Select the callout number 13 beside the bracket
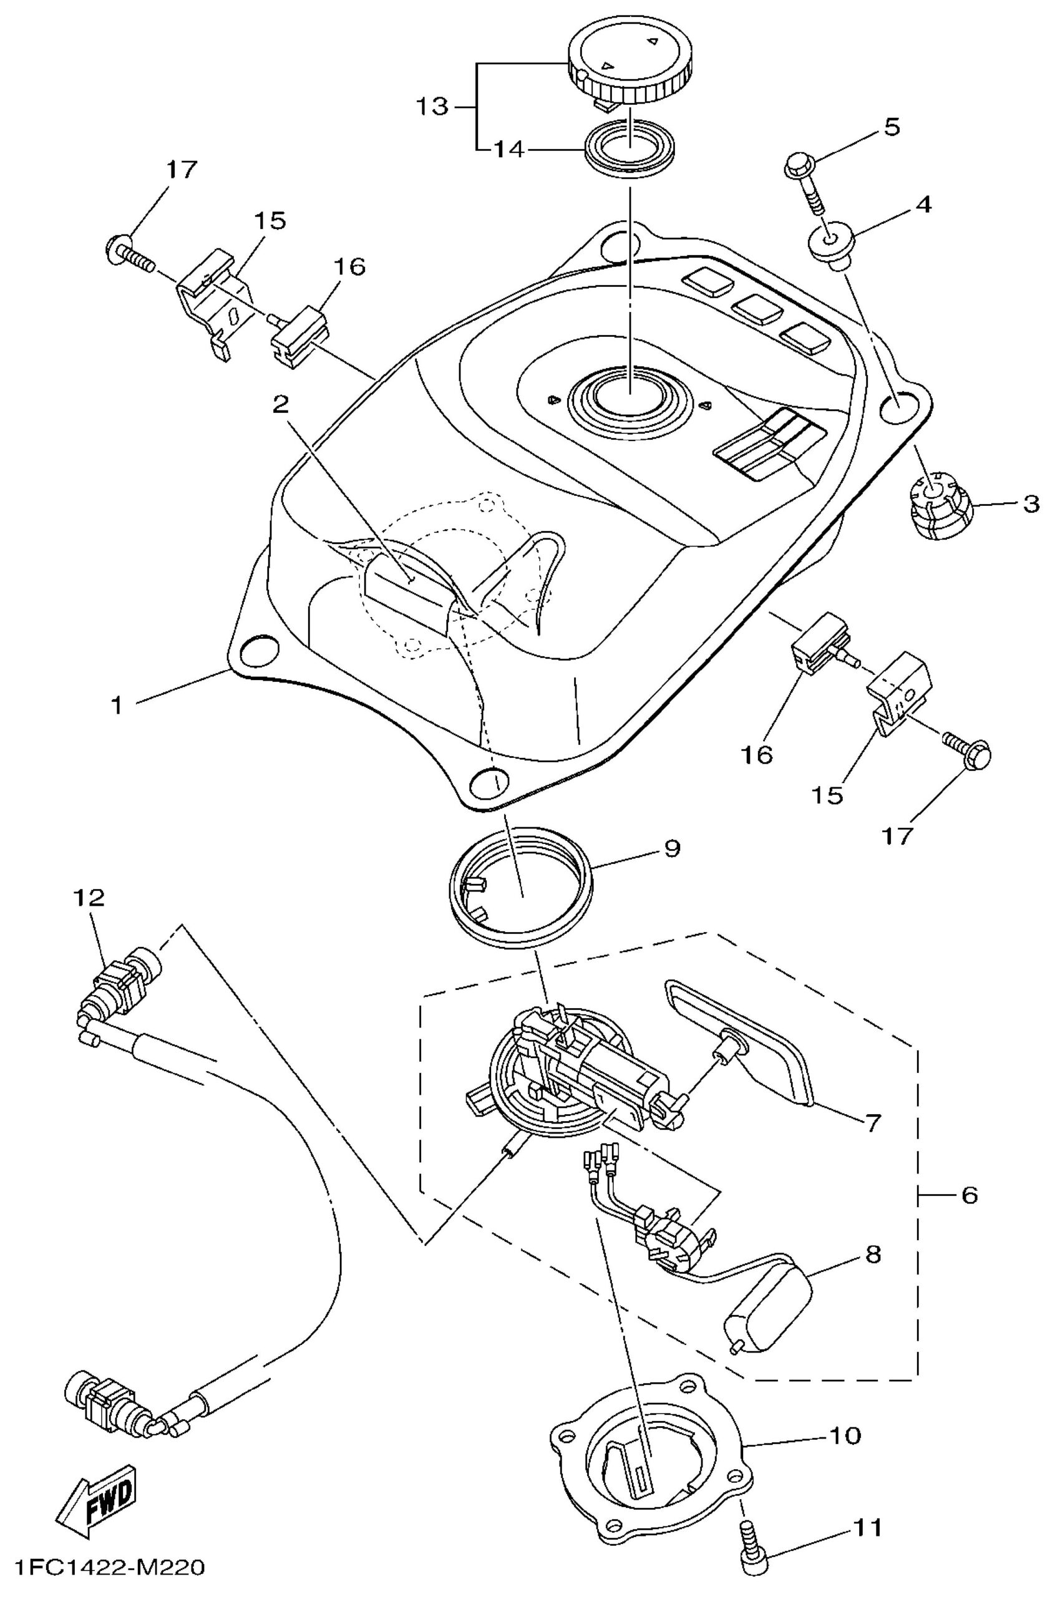click(430, 106)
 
